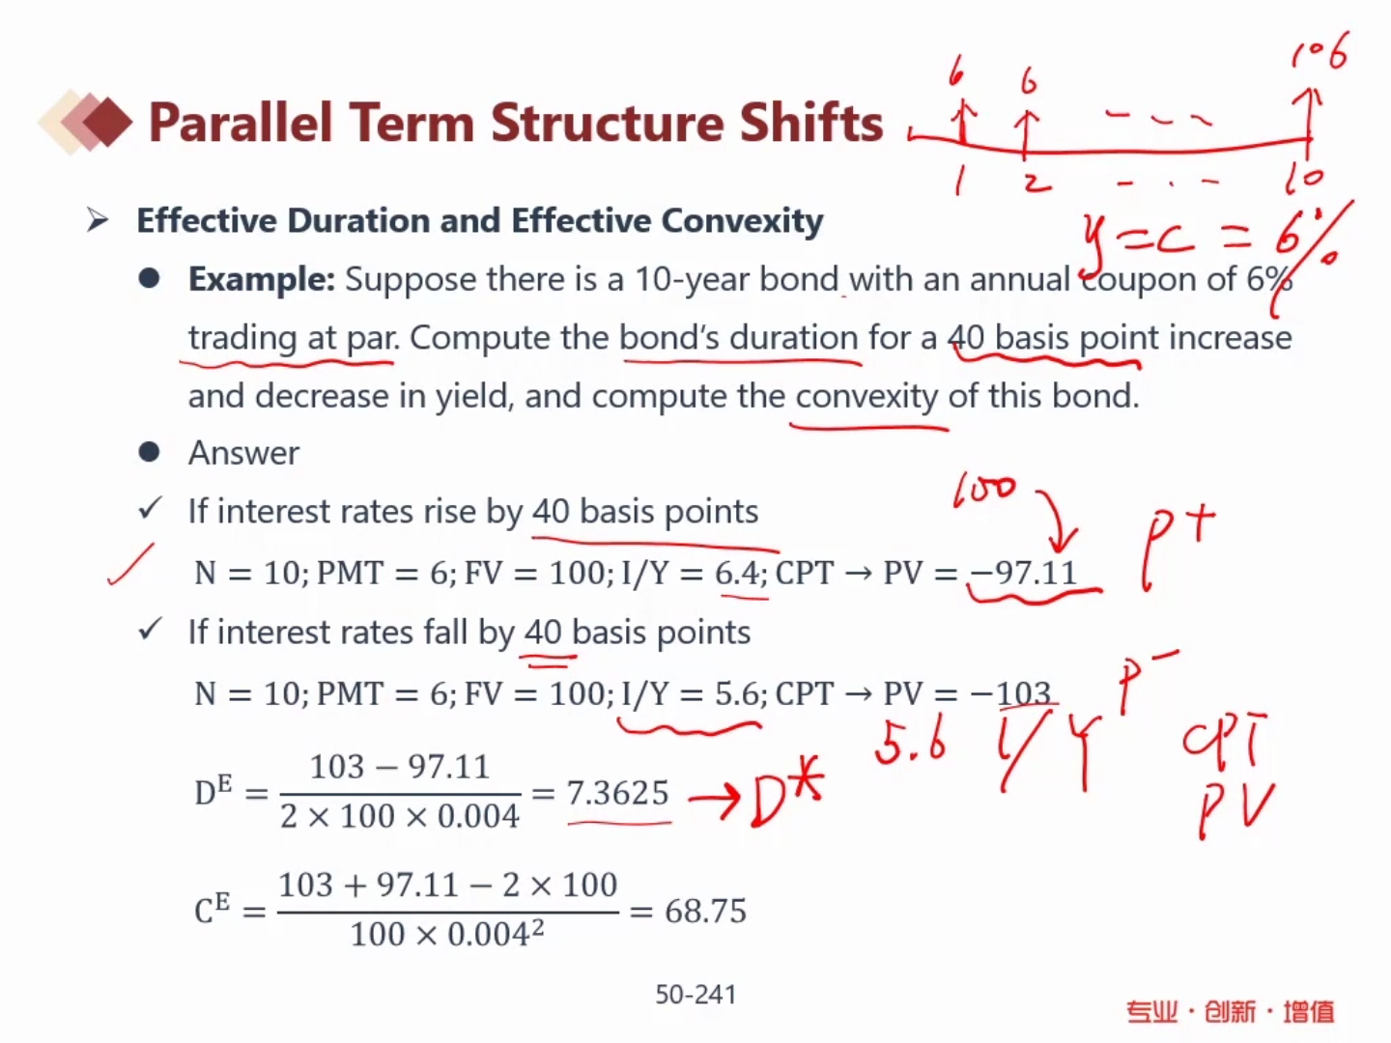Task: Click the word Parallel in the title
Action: point(241,123)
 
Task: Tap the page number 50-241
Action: point(695,995)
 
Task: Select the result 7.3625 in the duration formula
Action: point(618,792)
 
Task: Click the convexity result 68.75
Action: point(705,911)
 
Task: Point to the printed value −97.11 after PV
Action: point(1023,573)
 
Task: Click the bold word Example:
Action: point(262,279)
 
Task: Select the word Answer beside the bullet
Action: point(243,453)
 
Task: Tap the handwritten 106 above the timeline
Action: point(1320,50)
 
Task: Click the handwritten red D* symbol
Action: point(785,793)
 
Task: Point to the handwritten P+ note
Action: point(1178,545)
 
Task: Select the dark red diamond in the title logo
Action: point(108,123)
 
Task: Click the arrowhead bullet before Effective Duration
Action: point(98,220)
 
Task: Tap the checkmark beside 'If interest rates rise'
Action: point(150,508)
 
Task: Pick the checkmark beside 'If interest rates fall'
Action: point(150,629)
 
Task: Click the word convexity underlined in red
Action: point(866,397)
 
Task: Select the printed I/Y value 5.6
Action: point(737,693)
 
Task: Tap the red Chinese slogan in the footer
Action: point(1230,1011)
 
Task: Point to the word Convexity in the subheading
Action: point(742,221)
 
